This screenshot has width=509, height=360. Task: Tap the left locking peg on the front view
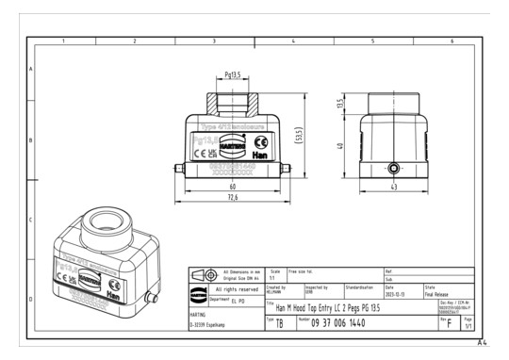[x=177, y=170]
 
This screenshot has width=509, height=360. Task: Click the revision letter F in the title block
[x=448, y=323]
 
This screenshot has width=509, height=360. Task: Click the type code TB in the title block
[x=279, y=322]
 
